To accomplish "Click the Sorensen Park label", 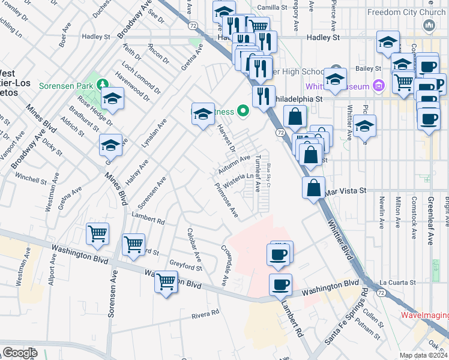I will pos(66,86).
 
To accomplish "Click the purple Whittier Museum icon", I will pos(378,86).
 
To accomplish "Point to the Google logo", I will pos(20,353).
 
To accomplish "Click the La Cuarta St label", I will pos(398,282).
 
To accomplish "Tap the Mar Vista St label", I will pos(345,190).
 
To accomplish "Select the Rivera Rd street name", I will pos(205,314).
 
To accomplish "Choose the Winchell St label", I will pos(31,179).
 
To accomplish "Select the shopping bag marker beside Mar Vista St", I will pos(313,188).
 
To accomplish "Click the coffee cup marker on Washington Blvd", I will pos(280,285).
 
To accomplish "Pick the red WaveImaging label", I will pos(424,315).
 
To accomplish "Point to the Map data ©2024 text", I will pos(423,355).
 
